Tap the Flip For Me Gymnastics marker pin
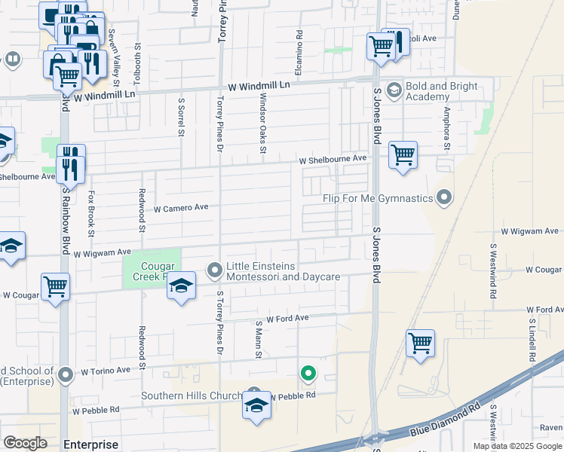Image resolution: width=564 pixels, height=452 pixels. tap(444, 198)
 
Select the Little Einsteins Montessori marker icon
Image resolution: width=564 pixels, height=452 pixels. tap(215, 269)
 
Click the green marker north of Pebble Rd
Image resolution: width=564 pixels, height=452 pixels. tap(308, 372)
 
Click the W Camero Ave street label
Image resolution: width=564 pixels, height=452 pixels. tap(181, 208)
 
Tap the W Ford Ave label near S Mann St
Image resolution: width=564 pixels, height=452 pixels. tap(287, 319)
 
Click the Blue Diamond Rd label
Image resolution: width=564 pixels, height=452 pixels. tap(445, 421)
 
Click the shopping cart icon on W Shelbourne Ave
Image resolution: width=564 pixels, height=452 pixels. tap(403, 155)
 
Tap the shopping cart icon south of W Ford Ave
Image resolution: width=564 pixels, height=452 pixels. tap(420, 343)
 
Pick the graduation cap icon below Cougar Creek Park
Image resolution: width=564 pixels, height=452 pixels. tap(181, 287)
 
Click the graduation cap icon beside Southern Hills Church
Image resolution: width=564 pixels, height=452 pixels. tap(256, 405)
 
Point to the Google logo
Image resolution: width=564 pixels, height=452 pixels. tap(26, 443)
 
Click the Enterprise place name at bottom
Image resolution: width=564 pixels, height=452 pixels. tap(91, 444)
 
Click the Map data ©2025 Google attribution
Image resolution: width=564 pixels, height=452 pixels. tap(516, 446)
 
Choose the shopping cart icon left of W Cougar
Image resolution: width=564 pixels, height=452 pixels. tap(56, 287)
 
